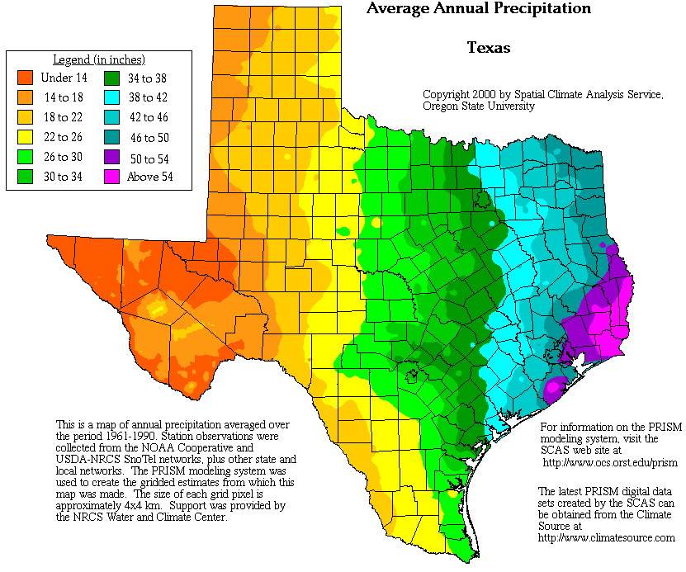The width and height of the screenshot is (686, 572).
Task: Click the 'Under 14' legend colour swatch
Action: pyautogui.click(x=26, y=78)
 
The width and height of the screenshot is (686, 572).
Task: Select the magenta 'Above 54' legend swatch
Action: pyautogui.click(x=112, y=176)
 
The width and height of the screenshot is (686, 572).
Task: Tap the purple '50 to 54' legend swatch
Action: pyautogui.click(x=112, y=157)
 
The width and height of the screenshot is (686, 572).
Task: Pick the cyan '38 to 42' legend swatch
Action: pyautogui.click(x=112, y=98)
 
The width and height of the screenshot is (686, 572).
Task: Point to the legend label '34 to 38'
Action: pyautogui.click(x=147, y=78)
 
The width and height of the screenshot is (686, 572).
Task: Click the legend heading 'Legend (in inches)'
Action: pyautogui.click(x=99, y=59)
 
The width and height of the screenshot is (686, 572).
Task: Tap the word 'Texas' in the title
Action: pyautogui.click(x=489, y=47)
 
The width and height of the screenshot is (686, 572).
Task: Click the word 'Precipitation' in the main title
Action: pyautogui.click(x=538, y=8)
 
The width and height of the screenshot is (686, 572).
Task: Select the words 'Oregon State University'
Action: pyautogui.click(x=478, y=106)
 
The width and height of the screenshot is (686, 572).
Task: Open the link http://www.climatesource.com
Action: pyautogui.click(x=606, y=537)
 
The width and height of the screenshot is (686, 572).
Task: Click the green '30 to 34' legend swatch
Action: pyautogui.click(x=26, y=176)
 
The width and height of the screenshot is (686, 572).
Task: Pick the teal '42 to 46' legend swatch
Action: pyautogui.click(x=112, y=117)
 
